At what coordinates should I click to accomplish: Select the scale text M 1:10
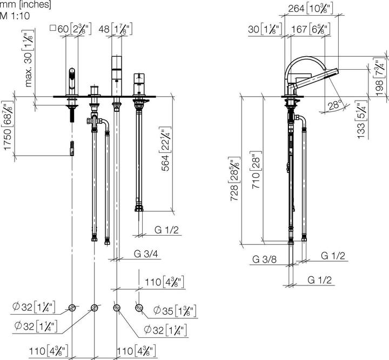pyautogui.click(x=15, y=15)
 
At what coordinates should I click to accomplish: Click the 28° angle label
pyautogui.click(x=335, y=105)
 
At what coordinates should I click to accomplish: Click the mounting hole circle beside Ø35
pyautogui.click(x=139, y=308)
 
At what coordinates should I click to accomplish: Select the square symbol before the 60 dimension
pyautogui.click(x=53, y=29)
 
